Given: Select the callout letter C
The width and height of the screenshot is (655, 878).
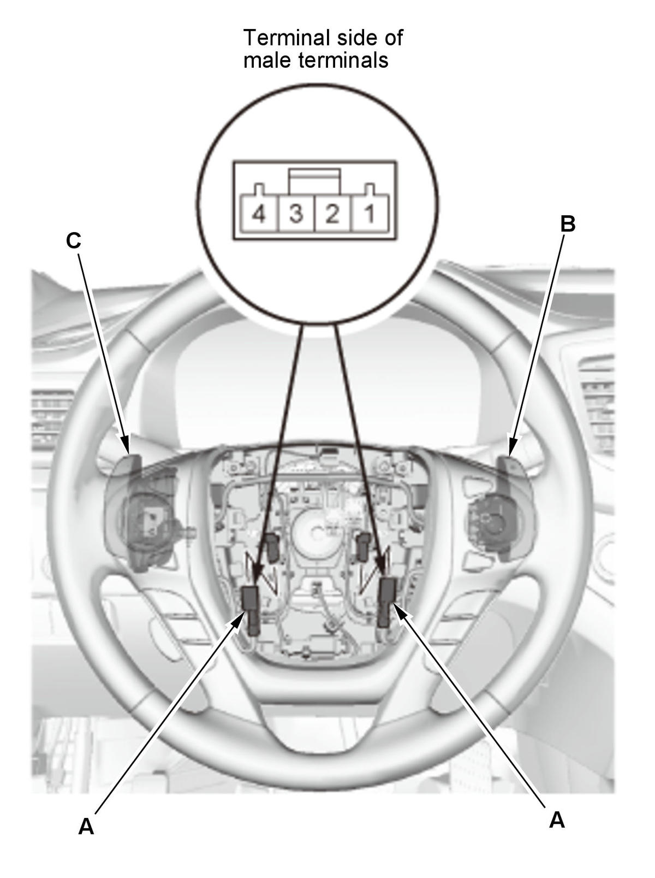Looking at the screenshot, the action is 74,240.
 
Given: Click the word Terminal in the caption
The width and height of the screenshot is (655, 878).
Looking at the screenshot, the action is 287,38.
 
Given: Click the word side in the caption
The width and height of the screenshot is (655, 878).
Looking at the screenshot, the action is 355,38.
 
